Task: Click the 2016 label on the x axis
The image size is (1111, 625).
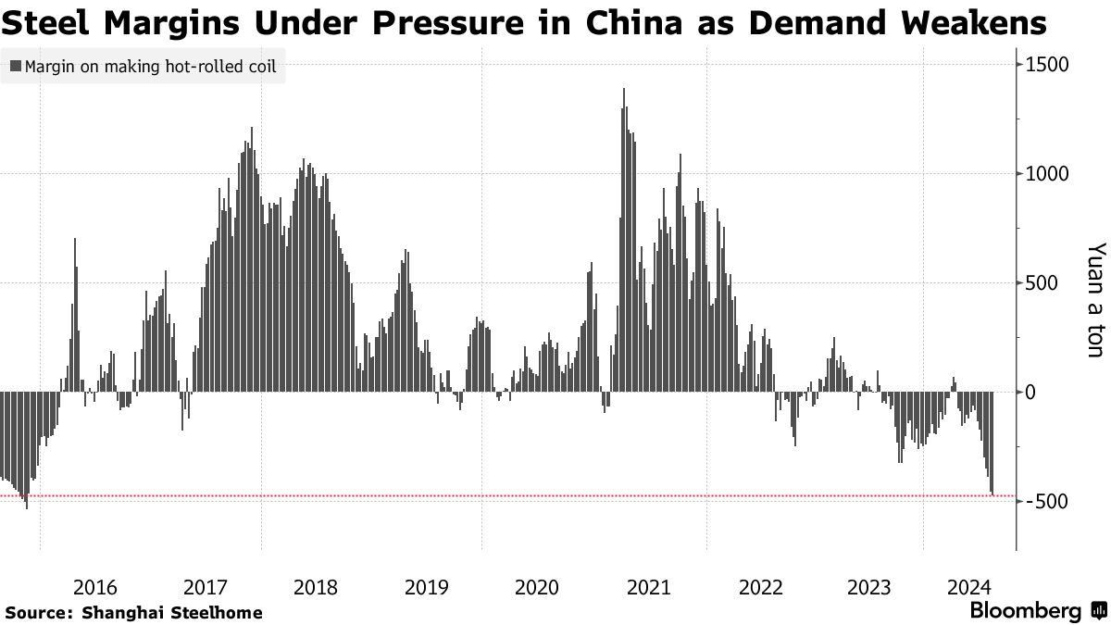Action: [94, 587]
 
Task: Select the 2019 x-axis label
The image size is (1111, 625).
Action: [427, 587]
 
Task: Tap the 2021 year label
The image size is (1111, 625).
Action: [648, 587]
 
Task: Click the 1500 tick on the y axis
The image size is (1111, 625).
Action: [1047, 65]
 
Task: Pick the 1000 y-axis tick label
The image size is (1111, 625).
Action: [1047, 174]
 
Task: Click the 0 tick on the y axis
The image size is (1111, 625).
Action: [1029, 393]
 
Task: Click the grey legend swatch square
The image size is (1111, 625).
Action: [16, 67]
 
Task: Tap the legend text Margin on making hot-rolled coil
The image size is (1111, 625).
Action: [150, 67]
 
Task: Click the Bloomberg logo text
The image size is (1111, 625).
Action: [1025, 611]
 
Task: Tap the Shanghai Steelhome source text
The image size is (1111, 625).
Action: [172, 613]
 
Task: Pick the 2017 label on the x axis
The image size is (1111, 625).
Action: [206, 587]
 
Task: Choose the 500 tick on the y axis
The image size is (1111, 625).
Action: [1042, 283]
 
